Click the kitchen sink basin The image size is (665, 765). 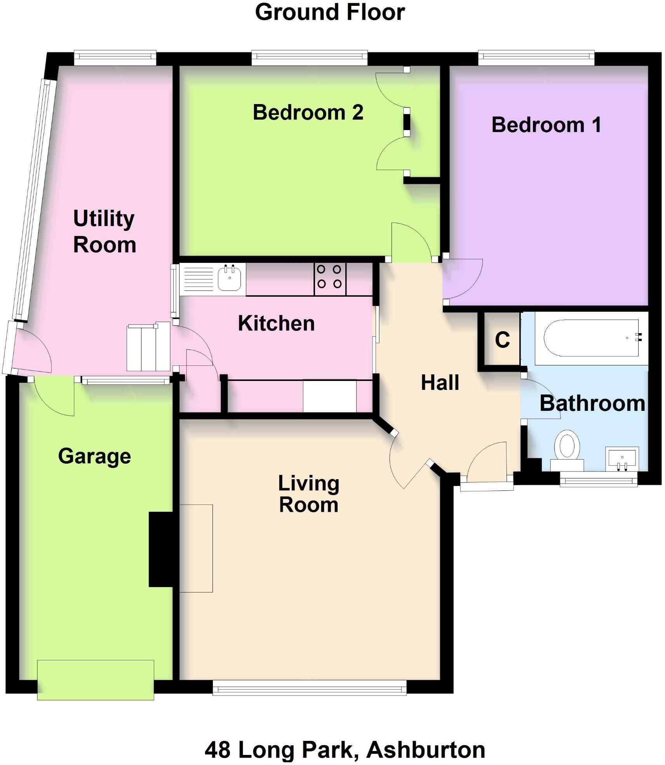(230, 278)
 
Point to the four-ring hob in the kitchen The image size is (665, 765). (329, 276)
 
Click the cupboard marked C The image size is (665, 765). (502, 340)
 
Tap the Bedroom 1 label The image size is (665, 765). (546, 125)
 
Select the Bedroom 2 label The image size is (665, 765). (308, 113)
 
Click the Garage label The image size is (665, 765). (94, 456)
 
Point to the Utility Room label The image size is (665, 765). (104, 231)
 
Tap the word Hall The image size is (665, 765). (440, 382)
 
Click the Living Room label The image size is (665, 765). (309, 494)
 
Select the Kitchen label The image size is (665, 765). (276, 323)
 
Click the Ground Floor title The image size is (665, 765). (330, 12)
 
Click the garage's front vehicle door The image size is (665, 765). (96, 680)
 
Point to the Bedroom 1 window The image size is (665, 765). (536, 57)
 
